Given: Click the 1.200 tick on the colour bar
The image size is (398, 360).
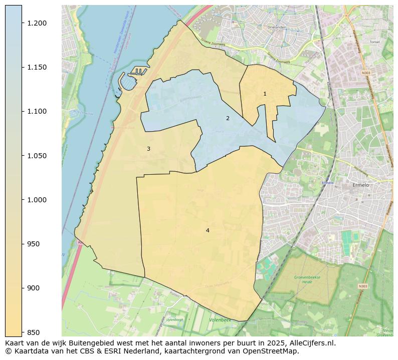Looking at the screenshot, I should pyautogui.click(x=36, y=23).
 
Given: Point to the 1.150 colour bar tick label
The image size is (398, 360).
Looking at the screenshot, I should pyautogui.click(x=36, y=67).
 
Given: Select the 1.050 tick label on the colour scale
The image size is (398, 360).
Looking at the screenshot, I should pyautogui.click(x=36, y=156).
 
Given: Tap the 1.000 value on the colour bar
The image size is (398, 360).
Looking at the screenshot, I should pyautogui.click(x=36, y=200).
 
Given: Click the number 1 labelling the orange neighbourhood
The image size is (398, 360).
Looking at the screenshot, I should pyautogui.click(x=265, y=94).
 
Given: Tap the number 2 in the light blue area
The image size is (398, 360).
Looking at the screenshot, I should pyautogui.click(x=228, y=118).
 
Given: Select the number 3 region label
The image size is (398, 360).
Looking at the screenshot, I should pyautogui.click(x=148, y=149).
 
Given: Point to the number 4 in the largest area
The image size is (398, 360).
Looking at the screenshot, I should pyautogui.click(x=208, y=230).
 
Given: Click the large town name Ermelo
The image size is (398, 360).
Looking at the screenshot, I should pyautogui.click(x=360, y=185).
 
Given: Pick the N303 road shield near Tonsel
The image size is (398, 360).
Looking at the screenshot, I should pyautogui.click(x=366, y=73).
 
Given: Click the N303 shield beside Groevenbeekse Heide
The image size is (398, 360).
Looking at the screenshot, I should pyautogui.click(x=363, y=286).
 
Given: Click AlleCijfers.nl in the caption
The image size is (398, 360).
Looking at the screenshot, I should pyautogui.click(x=311, y=343).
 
